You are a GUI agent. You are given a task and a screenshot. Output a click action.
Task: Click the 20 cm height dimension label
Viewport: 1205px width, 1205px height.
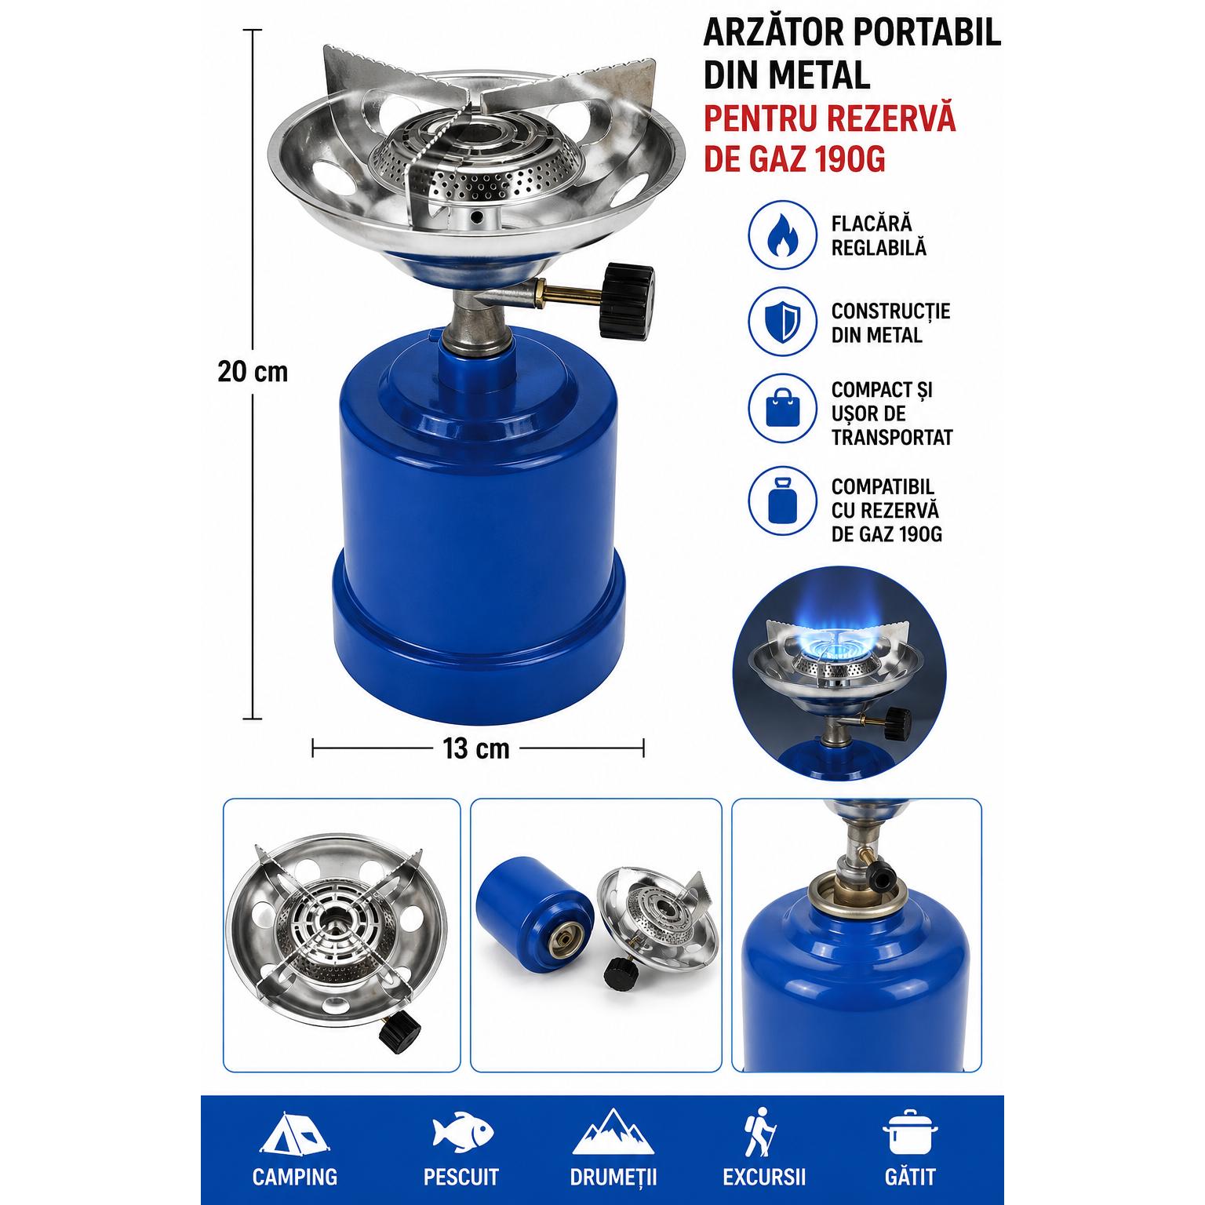click(253, 371)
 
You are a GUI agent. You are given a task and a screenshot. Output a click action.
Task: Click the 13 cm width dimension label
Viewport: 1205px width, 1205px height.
click(476, 748)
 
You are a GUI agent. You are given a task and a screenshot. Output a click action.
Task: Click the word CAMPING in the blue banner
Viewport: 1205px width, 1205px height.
click(295, 1178)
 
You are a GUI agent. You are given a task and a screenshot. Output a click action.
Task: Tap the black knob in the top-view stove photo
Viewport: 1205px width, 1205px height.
click(400, 1031)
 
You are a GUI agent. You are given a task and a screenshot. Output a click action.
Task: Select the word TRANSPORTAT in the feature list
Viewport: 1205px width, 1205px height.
click(892, 438)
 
